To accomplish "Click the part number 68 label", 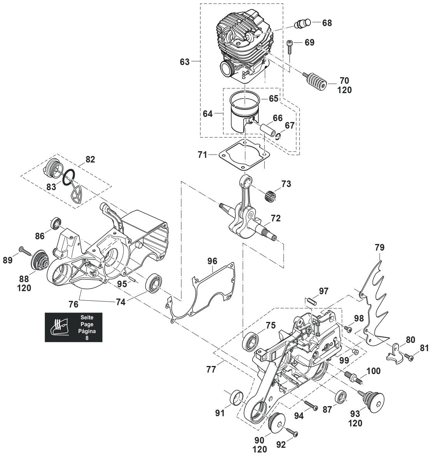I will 327,23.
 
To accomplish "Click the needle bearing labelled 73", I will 271,194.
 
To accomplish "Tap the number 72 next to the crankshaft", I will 276,218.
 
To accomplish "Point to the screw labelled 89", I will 24,249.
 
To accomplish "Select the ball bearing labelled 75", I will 251,342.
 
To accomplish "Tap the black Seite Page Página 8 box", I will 74,327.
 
